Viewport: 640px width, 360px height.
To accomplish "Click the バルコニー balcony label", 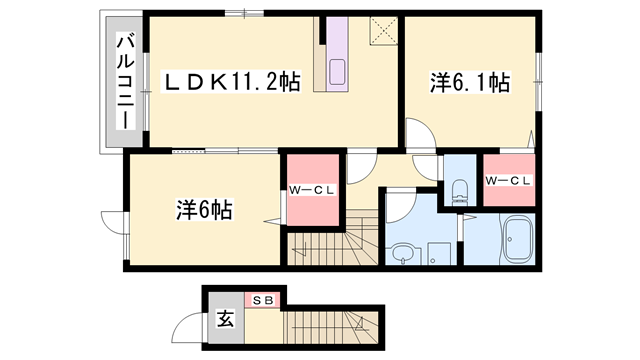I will coord(126,81).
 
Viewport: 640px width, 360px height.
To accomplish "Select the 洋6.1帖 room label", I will coord(471,83).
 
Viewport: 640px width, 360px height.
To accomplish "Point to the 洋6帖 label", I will coord(205,210).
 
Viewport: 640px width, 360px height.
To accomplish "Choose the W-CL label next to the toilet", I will coord(508,180).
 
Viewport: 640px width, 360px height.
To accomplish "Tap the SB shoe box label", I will coord(265,299).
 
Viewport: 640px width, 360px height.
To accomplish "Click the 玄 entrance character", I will coord(226,321).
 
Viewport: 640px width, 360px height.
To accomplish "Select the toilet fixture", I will coord(460,190).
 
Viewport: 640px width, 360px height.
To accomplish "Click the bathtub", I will coord(516,241).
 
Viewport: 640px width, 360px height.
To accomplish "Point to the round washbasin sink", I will coord(404,252).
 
